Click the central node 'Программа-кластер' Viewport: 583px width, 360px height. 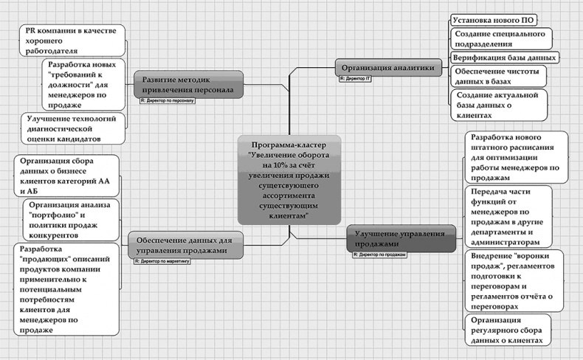coord(289,179)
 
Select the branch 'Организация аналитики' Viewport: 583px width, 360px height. coord(386,66)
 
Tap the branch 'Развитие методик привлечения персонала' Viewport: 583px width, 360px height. coord(188,84)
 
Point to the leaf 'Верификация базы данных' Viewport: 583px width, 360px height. coord(504,57)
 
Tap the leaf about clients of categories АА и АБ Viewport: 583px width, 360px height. coord(64,175)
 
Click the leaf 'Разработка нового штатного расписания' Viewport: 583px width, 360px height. coord(516,157)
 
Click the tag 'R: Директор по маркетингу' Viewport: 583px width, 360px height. coord(162,260)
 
